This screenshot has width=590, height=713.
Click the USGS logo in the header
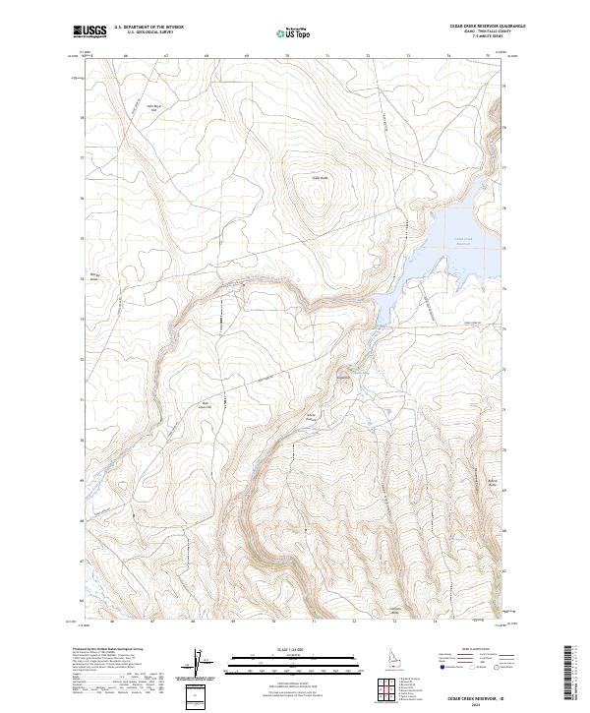pos(89,31)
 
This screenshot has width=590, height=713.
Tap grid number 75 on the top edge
pos(488,56)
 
